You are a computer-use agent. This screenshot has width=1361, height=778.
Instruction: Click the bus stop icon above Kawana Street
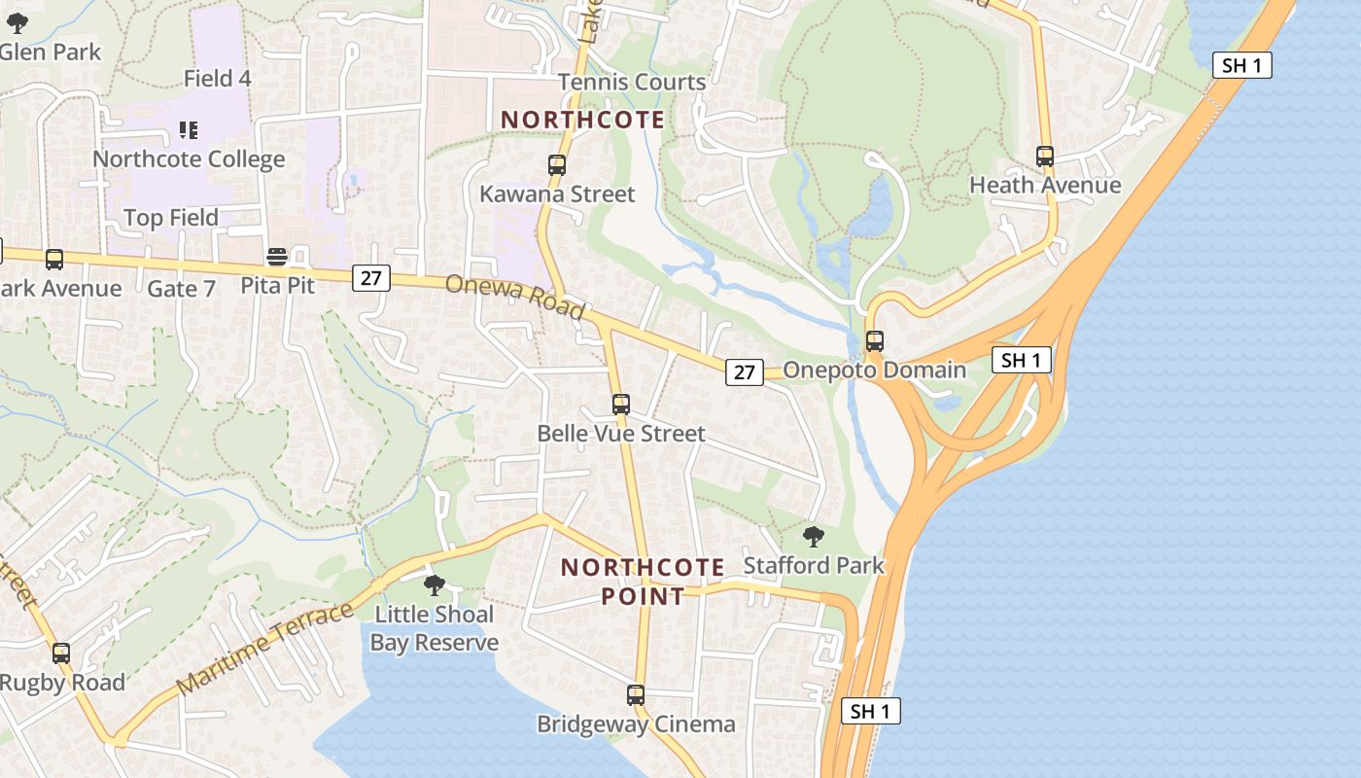[557, 165]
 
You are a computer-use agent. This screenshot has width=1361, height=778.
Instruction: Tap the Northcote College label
[189, 159]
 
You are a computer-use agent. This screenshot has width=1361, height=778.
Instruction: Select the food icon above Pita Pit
[277, 258]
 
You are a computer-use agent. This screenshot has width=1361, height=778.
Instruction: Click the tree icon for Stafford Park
[814, 536]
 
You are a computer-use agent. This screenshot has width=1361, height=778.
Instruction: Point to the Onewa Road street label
[515, 297]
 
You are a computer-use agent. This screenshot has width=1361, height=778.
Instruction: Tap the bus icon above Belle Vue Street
[621, 404]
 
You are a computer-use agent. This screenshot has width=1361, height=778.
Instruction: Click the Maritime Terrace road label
[266, 649]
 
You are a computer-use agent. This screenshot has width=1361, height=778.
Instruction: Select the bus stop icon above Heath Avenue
[1045, 157]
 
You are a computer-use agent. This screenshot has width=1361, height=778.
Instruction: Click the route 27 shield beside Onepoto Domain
[744, 371]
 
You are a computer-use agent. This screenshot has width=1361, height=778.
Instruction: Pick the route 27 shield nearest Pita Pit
[370, 278]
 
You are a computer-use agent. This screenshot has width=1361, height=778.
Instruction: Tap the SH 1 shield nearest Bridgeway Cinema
[870, 711]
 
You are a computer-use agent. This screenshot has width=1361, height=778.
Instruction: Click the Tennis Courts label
[632, 82]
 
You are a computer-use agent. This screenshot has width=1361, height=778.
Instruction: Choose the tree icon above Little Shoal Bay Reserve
[435, 585]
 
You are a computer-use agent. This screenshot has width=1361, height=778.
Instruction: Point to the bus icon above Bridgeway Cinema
[636, 695]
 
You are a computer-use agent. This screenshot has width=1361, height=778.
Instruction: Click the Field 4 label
[218, 78]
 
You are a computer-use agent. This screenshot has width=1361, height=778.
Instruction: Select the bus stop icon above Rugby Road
[61, 654]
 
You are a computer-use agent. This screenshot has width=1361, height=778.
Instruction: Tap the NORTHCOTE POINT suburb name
[643, 582]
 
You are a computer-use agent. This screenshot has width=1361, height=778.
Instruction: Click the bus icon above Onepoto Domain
[875, 341]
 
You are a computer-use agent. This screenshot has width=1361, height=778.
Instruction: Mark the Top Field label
[171, 218]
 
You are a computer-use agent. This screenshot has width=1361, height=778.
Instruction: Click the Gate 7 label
[182, 289]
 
